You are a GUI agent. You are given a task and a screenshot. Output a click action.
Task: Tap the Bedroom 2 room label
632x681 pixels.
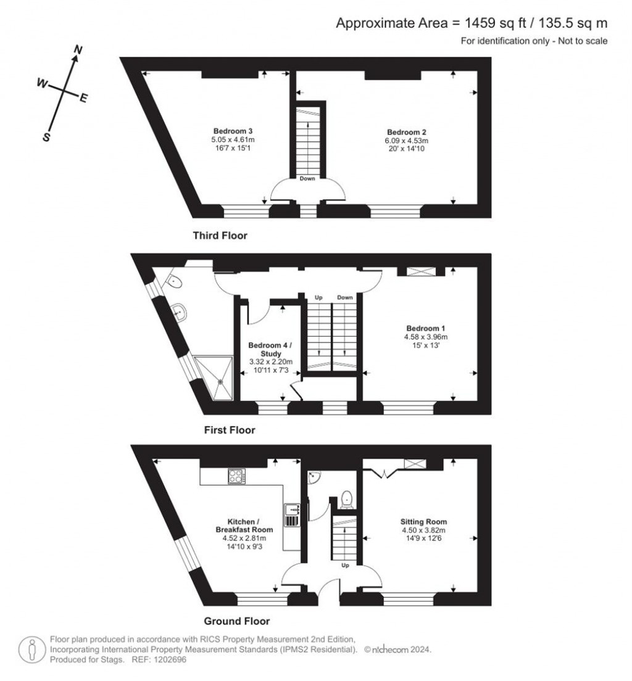(407, 132)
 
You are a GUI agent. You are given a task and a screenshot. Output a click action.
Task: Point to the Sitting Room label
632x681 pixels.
(423, 521)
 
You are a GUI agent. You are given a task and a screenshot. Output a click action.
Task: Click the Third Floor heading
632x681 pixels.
(220, 236)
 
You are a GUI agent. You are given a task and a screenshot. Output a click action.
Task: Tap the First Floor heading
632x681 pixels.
(230, 430)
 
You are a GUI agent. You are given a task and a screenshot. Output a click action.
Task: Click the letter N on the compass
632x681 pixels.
(78, 49)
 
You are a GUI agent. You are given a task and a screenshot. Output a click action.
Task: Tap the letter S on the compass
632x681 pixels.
(46, 138)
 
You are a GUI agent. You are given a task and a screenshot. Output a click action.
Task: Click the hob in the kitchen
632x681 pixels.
(237, 476)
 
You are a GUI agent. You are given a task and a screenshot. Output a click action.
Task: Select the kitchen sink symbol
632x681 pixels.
(292, 515)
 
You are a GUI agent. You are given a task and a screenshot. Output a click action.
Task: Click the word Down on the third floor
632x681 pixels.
(307, 179)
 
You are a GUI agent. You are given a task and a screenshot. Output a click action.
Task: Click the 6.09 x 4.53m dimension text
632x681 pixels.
(407, 140)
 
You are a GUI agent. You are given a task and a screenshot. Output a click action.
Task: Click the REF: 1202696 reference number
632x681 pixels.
(158, 659)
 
